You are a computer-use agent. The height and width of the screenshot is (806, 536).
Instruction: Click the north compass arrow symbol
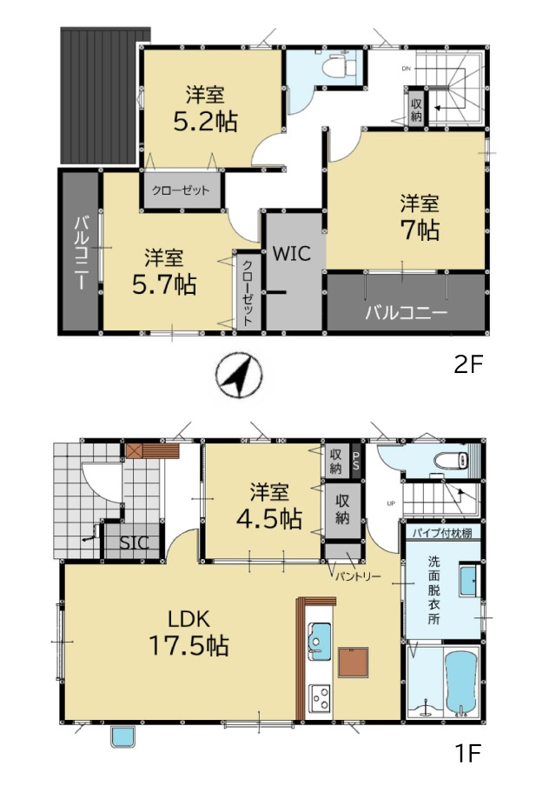point(239,376)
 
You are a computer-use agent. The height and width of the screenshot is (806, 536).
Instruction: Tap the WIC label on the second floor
point(292,253)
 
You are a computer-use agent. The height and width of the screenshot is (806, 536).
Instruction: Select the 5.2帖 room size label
point(205,122)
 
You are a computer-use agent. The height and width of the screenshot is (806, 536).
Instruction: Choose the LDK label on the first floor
point(189,619)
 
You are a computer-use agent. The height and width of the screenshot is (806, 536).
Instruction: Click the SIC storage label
point(135,543)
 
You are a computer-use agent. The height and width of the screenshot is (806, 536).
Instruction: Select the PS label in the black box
point(356,457)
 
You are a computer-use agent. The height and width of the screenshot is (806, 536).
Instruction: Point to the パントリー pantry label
point(358,576)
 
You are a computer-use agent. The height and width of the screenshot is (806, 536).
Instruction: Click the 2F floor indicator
point(467,364)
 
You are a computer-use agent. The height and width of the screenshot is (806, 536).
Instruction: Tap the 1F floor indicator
point(467,753)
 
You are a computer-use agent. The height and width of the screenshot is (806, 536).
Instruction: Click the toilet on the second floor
point(342,64)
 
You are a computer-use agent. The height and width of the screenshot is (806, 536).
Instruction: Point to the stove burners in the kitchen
point(320,698)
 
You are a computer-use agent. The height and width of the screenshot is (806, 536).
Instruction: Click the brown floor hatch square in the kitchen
point(354,663)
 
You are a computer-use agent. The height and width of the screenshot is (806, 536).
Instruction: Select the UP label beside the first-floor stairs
point(391,503)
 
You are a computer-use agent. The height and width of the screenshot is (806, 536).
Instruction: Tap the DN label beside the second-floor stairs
point(406,69)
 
